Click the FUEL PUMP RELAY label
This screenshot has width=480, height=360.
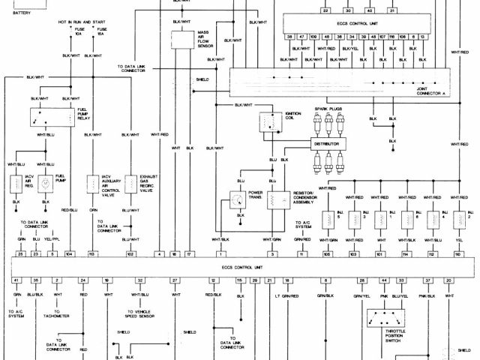click(x=84, y=115)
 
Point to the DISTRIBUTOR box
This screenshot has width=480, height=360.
click(x=331, y=142)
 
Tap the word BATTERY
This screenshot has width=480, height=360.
click(x=13, y=13)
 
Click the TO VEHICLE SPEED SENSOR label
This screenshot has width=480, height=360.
click(x=143, y=313)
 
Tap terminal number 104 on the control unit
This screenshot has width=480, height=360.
click(x=69, y=255)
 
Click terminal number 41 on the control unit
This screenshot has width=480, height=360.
click(x=16, y=280)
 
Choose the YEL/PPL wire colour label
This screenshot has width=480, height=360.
click(x=52, y=239)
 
